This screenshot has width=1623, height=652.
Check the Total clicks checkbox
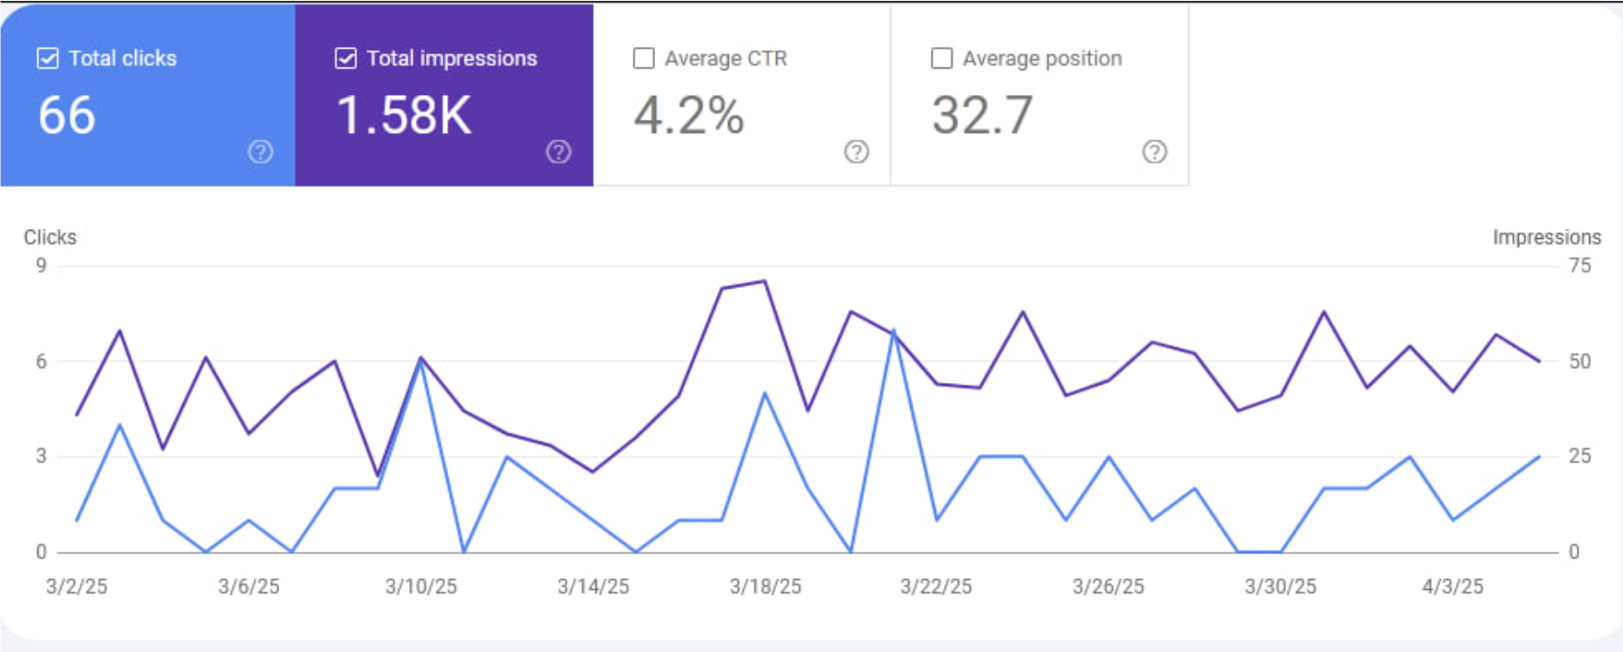pyautogui.click(x=48, y=59)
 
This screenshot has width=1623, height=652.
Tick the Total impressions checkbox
pyautogui.click(x=346, y=59)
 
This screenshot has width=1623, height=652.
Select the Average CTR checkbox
pyautogui.click(x=644, y=59)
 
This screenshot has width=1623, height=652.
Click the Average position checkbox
pyautogui.click(x=941, y=59)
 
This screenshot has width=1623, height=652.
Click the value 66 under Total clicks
pyautogui.click(x=67, y=115)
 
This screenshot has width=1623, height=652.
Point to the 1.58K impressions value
pyautogui.click(x=404, y=115)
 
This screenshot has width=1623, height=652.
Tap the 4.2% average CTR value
pyautogui.click(x=689, y=115)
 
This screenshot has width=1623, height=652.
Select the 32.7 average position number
pyautogui.click(x=982, y=115)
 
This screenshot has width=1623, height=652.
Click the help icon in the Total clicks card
pyautogui.click(x=260, y=152)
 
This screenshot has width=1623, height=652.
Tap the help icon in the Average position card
pyautogui.click(x=1155, y=152)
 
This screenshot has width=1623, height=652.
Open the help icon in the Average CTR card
pyautogui.click(x=856, y=152)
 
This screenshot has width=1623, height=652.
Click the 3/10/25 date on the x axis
pyautogui.click(x=420, y=586)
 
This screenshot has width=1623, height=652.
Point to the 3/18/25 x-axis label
pyautogui.click(x=765, y=586)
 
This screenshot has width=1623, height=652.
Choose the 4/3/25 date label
pyautogui.click(x=1452, y=586)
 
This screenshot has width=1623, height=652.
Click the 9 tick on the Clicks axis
pyautogui.click(x=41, y=266)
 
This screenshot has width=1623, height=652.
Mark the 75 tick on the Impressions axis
pyautogui.click(x=1579, y=266)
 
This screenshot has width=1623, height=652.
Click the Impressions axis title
pyautogui.click(x=1547, y=237)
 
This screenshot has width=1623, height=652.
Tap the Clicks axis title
pyautogui.click(x=50, y=237)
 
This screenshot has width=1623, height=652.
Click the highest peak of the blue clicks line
pyautogui.click(x=893, y=330)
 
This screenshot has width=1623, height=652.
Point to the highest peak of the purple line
pyautogui.click(x=765, y=282)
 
